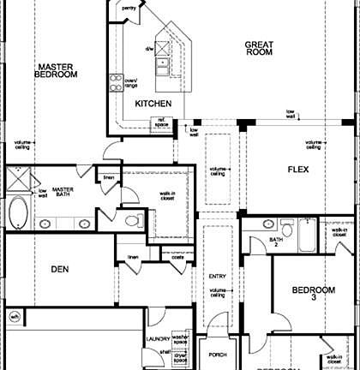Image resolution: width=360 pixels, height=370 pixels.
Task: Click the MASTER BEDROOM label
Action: pos(56,69)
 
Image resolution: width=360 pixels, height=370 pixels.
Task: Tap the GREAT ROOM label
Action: pos(258,48)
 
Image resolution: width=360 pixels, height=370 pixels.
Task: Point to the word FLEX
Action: pos(297,169)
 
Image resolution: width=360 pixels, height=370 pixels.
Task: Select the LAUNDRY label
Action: pos(158,339)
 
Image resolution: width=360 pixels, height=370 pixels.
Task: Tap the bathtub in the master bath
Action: pos(19,211)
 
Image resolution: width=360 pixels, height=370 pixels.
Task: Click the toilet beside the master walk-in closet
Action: pos(131,220)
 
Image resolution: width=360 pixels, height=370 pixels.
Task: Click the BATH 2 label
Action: pos(276,242)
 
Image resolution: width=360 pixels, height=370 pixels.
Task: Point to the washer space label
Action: pos(179,340)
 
